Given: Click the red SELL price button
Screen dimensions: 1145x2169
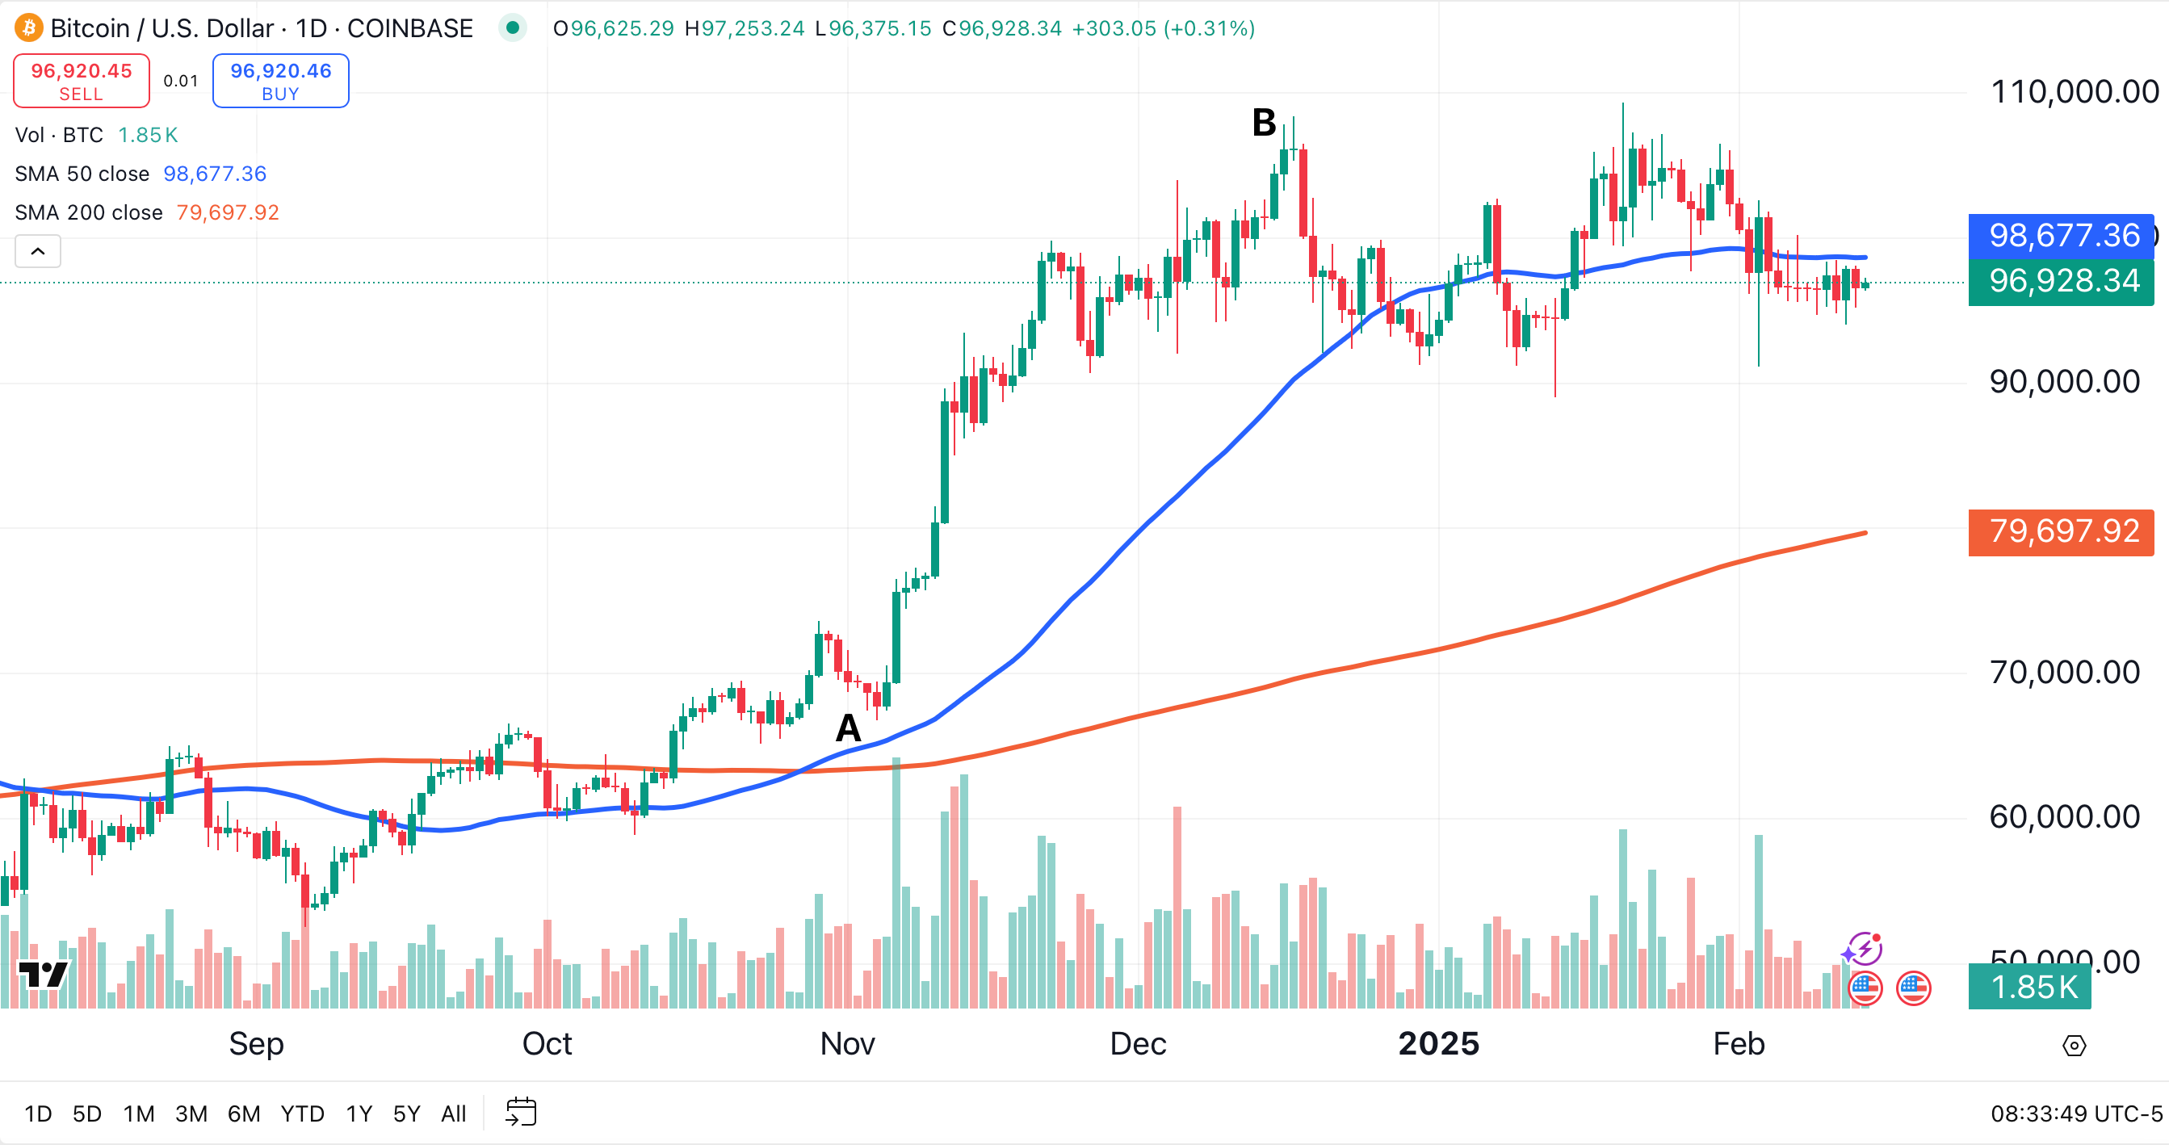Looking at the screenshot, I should point(82,81).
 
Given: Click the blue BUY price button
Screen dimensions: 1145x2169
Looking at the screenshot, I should point(280,81).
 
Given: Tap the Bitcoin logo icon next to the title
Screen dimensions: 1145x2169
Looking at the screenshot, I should point(28,27).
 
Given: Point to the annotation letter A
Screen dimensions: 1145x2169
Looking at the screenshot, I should point(848,728).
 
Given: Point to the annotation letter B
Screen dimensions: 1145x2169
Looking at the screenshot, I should point(1263,123).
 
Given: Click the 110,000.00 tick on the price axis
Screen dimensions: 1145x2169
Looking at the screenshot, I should point(2074,92).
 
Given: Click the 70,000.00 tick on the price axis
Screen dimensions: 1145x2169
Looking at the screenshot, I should point(2064,672).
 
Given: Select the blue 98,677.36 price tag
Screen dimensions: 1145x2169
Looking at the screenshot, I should point(2063,236).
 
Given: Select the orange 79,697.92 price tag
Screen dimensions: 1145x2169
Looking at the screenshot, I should point(2063,531).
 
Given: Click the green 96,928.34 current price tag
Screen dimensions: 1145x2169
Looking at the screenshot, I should point(2063,281).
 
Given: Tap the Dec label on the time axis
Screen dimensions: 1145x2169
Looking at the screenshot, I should point(1138,1044).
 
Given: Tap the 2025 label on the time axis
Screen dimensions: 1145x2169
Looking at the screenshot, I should point(1438,1044).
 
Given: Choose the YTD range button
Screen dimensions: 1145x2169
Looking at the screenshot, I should point(302,1114).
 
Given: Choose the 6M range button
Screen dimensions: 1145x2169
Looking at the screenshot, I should point(243,1114).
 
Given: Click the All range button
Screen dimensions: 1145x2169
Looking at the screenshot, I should point(453,1114).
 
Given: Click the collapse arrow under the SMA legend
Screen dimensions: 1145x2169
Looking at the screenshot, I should point(38,251).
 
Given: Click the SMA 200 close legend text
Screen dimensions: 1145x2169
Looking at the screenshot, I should point(88,212).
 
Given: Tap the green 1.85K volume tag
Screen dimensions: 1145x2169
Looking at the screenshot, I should point(2033,987).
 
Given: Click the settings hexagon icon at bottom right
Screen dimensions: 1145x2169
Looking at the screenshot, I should point(2074,1046).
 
